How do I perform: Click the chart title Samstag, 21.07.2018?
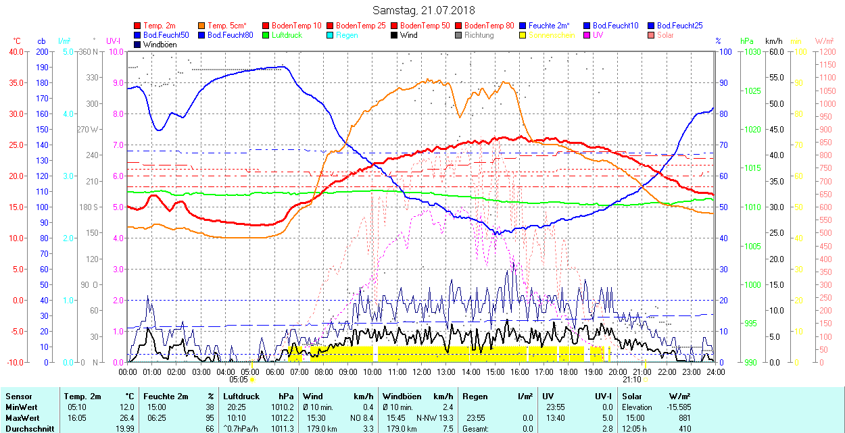click(x=423, y=10)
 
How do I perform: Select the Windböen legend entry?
click(x=160, y=45)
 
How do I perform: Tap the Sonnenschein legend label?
click(x=552, y=35)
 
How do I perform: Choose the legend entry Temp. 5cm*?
click(x=227, y=26)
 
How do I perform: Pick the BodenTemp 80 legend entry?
click(x=489, y=26)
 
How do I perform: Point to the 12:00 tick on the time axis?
click(x=422, y=371)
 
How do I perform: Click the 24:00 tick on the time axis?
click(x=716, y=371)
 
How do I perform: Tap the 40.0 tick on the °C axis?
click(x=15, y=51)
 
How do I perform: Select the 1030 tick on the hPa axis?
click(x=748, y=51)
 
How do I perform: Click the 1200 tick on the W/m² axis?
click(x=827, y=51)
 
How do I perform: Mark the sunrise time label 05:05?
click(x=239, y=380)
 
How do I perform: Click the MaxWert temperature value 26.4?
click(x=127, y=418)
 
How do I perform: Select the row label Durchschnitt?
click(x=28, y=429)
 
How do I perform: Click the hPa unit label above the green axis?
click(x=746, y=41)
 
